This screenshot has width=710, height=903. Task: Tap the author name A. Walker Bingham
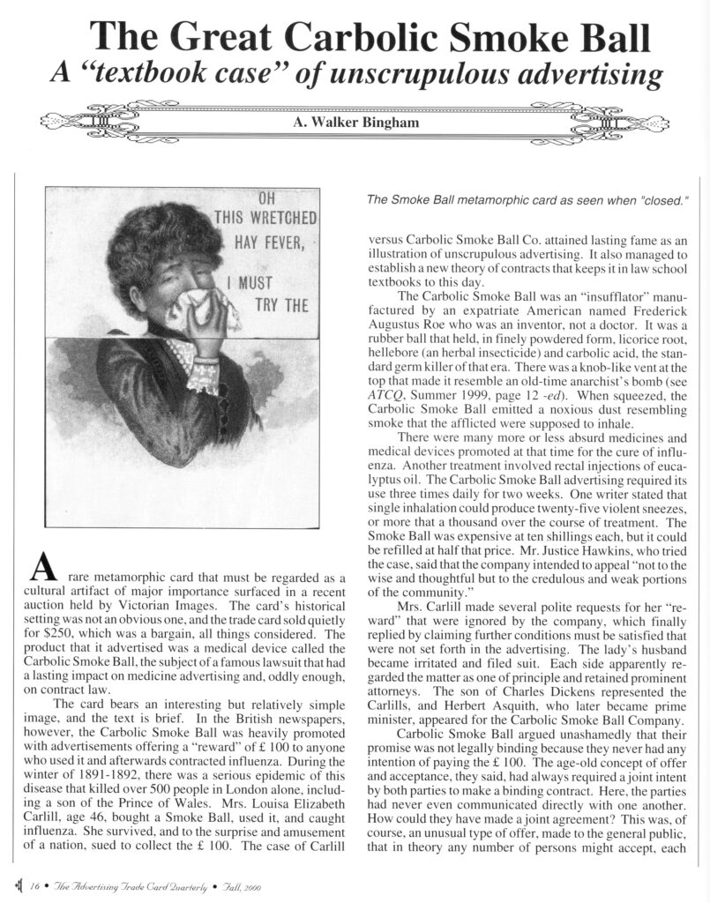[355, 123]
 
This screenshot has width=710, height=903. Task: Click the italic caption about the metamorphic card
[527, 200]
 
